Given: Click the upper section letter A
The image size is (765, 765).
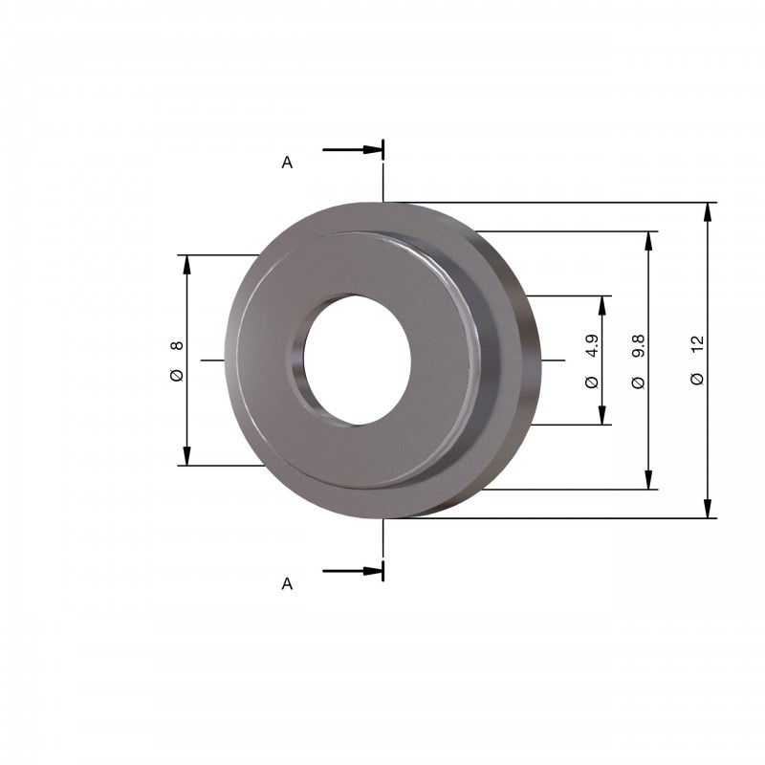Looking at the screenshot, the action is (x=287, y=162).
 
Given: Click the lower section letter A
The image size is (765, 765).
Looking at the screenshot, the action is (x=287, y=583).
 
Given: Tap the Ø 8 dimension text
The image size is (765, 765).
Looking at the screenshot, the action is (x=177, y=361).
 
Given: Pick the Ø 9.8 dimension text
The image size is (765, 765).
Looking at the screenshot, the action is (x=638, y=361).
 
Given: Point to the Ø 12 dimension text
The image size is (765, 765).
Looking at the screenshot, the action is (x=698, y=361).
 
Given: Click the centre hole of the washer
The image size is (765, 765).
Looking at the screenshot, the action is (x=357, y=360).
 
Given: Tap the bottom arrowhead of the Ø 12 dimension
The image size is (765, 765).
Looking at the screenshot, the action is (x=709, y=508).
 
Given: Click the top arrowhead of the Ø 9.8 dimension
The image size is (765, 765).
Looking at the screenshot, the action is (x=649, y=242).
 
